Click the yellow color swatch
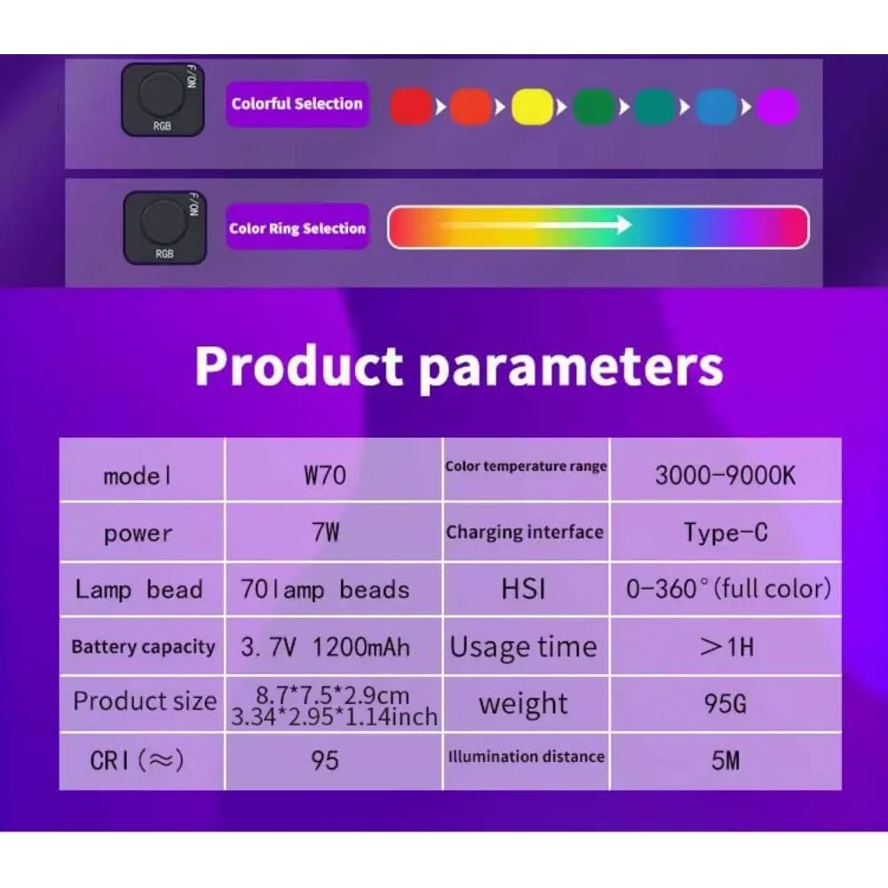[532, 107]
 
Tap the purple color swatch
[777, 107]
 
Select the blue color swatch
[717, 107]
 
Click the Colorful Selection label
[297, 104]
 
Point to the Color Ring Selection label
[297, 228]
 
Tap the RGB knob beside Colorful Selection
[160, 94]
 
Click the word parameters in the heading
[571, 365]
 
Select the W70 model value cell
[324, 474]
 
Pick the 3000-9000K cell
[725, 474]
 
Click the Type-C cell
[725, 532]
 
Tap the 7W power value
[325, 533]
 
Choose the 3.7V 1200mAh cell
[326, 646]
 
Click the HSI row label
[524, 590]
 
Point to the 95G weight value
[725, 704]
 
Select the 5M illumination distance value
[725, 760]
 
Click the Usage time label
[524, 646]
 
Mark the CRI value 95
[325, 760]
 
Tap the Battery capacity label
[143, 646]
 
